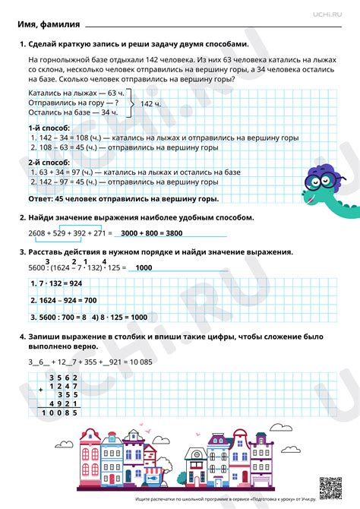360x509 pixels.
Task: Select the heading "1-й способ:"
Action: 48,128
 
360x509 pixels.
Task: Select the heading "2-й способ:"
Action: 48,163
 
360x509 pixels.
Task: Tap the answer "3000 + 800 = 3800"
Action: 152,232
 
